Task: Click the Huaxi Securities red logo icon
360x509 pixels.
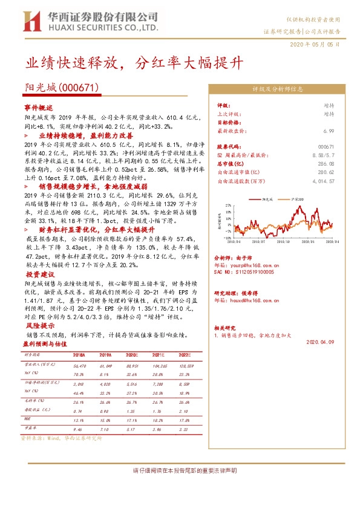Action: (30, 21)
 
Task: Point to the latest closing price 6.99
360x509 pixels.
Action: (329, 130)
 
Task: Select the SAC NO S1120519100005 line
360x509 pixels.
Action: (245, 272)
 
